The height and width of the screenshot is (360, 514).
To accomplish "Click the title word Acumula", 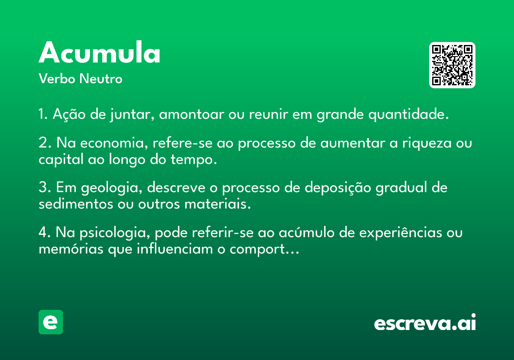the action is point(99,52).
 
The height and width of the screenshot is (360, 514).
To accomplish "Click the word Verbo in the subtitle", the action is point(57,78).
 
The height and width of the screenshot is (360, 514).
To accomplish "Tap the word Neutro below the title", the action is point(101,78).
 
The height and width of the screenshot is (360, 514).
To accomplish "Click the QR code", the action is point(452,65).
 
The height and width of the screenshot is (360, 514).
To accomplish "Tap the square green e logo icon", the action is point(51,322).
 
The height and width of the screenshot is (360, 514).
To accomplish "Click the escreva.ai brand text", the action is point(425,322).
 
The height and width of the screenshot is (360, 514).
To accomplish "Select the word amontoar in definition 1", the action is point(191,114).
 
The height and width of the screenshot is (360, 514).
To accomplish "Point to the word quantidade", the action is point(409,114).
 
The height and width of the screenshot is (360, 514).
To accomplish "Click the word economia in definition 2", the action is point(114,143).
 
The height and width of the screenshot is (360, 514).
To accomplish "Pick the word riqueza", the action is point(427,143).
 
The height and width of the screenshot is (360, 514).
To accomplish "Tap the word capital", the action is point(61,159).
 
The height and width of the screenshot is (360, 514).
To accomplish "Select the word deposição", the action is point(338,188).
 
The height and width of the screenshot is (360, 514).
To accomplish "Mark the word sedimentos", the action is point(76,204).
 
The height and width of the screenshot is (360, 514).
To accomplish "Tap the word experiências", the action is point(400,233).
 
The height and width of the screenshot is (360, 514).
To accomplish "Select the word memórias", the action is point(71,249).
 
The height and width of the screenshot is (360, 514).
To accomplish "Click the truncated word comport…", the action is point(264,249).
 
